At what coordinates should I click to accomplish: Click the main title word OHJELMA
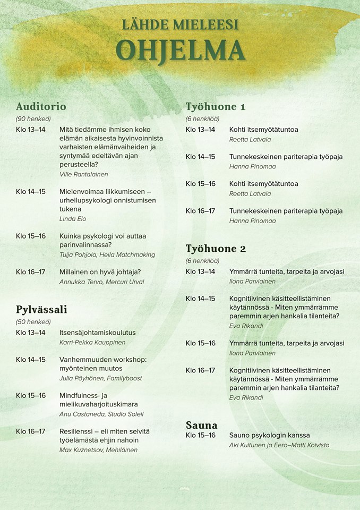pyautogui.click(x=180, y=50)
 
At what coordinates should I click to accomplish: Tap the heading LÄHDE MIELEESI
pyautogui.click(x=180, y=24)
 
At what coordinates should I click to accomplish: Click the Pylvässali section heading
pyautogui.click(x=41, y=309)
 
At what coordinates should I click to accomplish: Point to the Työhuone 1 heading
pyautogui.click(x=215, y=106)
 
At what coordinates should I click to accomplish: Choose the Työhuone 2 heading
pyautogui.click(x=216, y=248)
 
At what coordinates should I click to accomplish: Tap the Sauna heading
pyautogui.click(x=201, y=425)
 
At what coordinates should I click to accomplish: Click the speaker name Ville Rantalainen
pyautogui.click(x=84, y=174)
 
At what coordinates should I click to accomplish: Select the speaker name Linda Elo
pyautogui.click(x=73, y=218)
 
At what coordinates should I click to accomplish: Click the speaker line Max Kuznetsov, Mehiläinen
pyautogui.click(x=98, y=450)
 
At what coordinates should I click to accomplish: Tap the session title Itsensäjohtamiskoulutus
pyautogui.click(x=97, y=333)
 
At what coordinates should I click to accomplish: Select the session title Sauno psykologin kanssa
pyautogui.click(x=269, y=435)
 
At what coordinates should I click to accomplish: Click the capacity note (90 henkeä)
pyautogui.click(x=33, y=118)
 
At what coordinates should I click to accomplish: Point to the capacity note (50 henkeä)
pyautogui.click(x=33, y=321)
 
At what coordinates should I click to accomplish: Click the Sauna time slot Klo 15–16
pyautogui.click(x=200, y=435)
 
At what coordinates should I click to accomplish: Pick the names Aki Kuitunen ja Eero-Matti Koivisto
pyautogui.click(x=279, y=445)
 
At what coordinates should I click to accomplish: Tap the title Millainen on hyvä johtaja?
pyautogui.click(x=100, y=272)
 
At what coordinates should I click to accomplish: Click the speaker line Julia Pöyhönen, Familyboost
pyautogui.click(x=101, y=378)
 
